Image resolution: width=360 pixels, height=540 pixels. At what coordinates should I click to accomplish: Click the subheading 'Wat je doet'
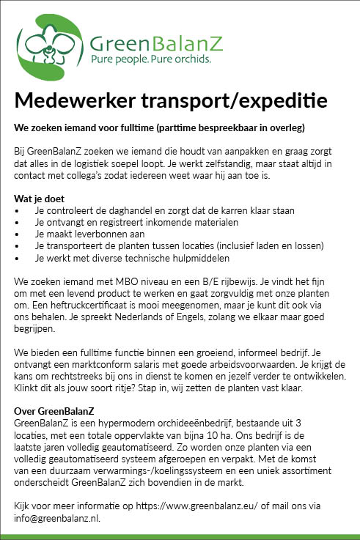click(x=38, y=199)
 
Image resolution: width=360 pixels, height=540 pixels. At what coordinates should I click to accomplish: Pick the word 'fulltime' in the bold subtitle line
click(x=134, y=127)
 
